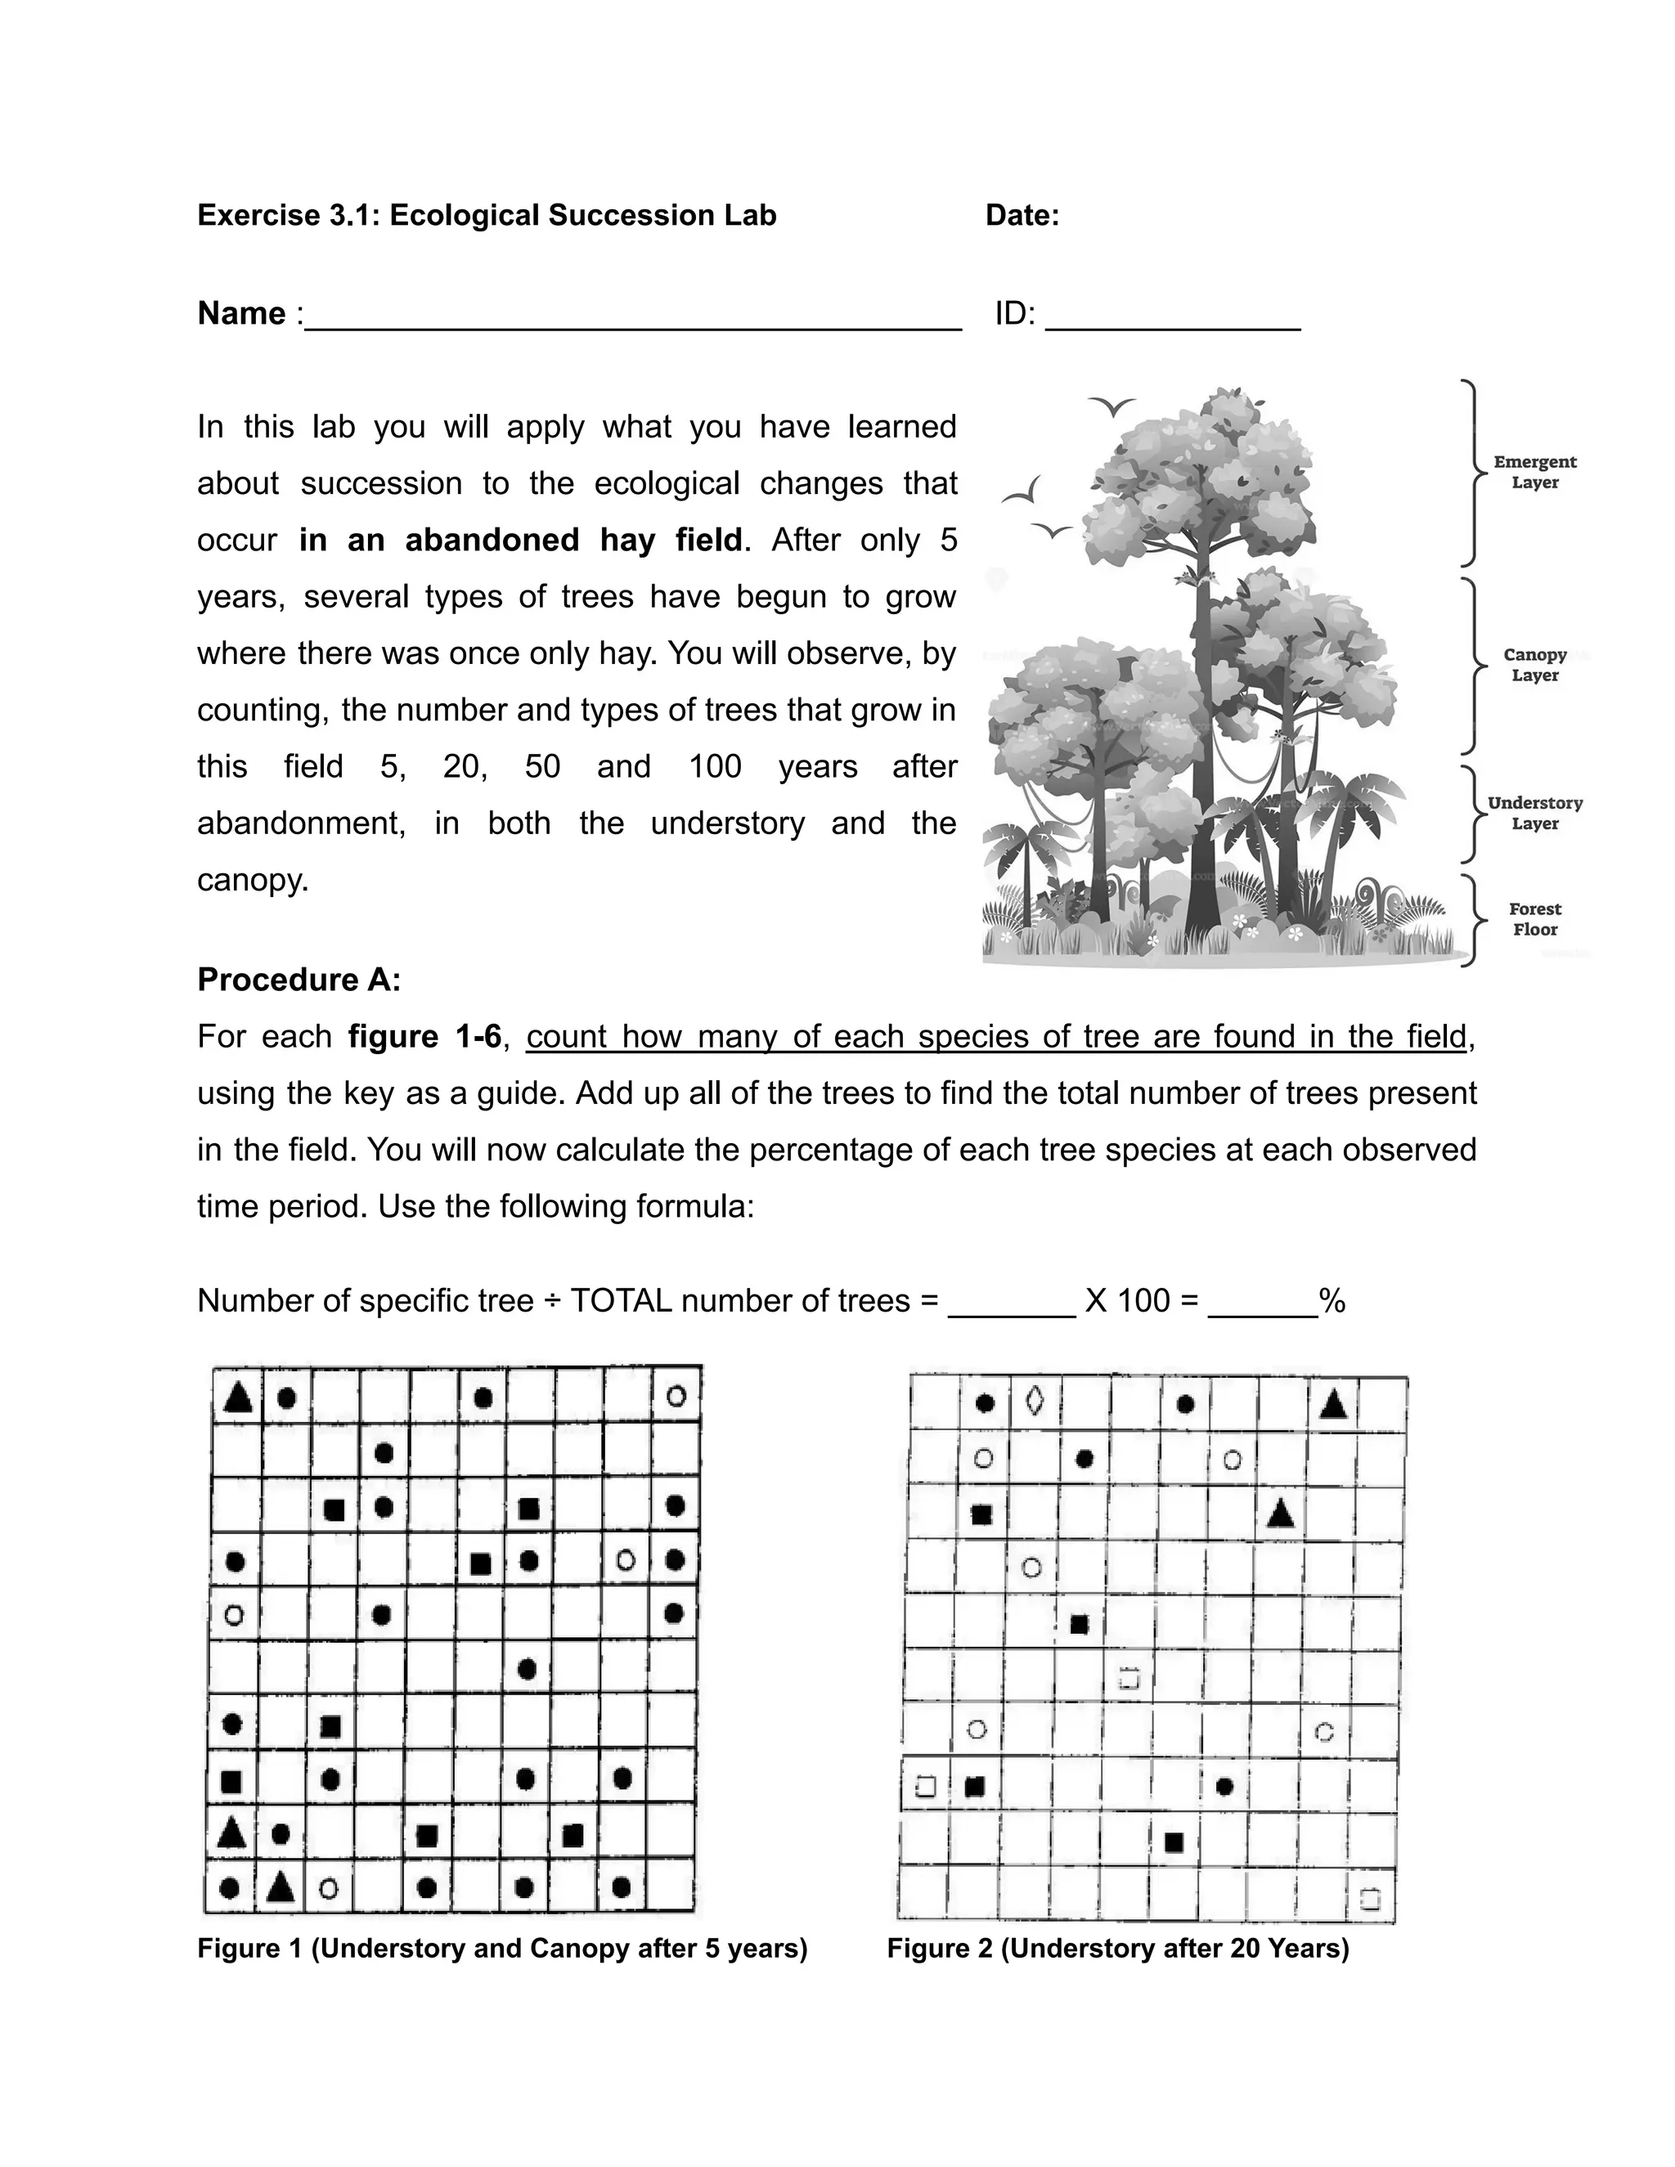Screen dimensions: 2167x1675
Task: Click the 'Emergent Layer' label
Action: (1534, 473)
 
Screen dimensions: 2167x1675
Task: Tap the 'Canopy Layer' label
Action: (1534, 665)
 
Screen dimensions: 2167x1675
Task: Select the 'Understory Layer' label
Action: (1534, 813)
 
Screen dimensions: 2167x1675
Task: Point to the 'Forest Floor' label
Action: (1534, 919)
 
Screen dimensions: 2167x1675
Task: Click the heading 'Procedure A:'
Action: (299, 980)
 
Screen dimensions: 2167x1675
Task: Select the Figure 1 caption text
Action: (502, 1948)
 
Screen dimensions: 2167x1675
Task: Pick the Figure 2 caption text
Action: (1117, 1948)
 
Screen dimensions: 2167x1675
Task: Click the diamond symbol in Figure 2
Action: (1034, 1401)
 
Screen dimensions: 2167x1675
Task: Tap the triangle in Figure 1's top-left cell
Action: (236, 1397)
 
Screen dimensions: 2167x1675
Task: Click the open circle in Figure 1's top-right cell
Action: (676, 1396)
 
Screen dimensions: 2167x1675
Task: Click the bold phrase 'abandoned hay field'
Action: (520, 540)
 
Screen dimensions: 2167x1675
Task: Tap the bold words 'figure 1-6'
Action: (424, 1037)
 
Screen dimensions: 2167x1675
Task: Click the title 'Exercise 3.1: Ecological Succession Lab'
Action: (487, 215)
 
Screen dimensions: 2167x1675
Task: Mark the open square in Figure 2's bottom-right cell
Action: (1369, 1899)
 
